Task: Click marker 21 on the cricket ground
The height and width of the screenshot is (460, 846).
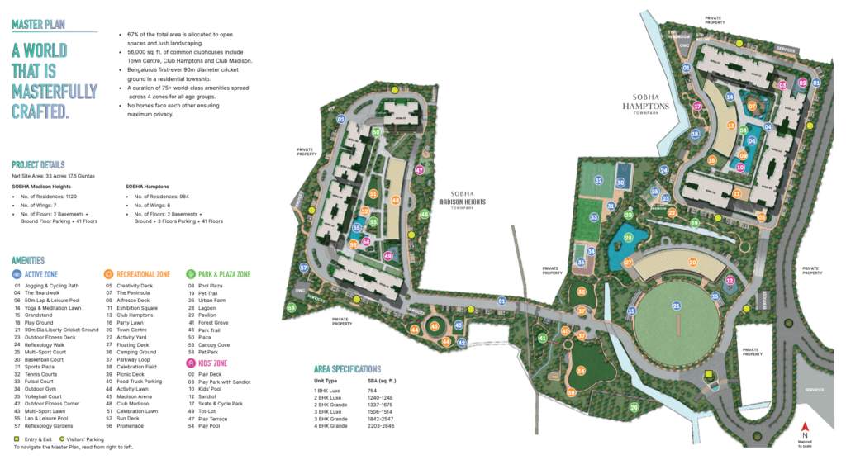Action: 677,306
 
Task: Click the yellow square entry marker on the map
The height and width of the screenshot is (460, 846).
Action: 708,376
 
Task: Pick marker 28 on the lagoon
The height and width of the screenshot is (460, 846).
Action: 629,238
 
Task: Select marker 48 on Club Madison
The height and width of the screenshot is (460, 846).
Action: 396,200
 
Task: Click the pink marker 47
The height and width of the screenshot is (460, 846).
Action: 420,171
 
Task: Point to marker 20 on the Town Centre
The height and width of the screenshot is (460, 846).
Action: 693,262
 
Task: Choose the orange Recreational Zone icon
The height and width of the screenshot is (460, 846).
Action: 108,273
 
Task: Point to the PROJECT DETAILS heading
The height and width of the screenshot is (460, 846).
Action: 38,164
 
